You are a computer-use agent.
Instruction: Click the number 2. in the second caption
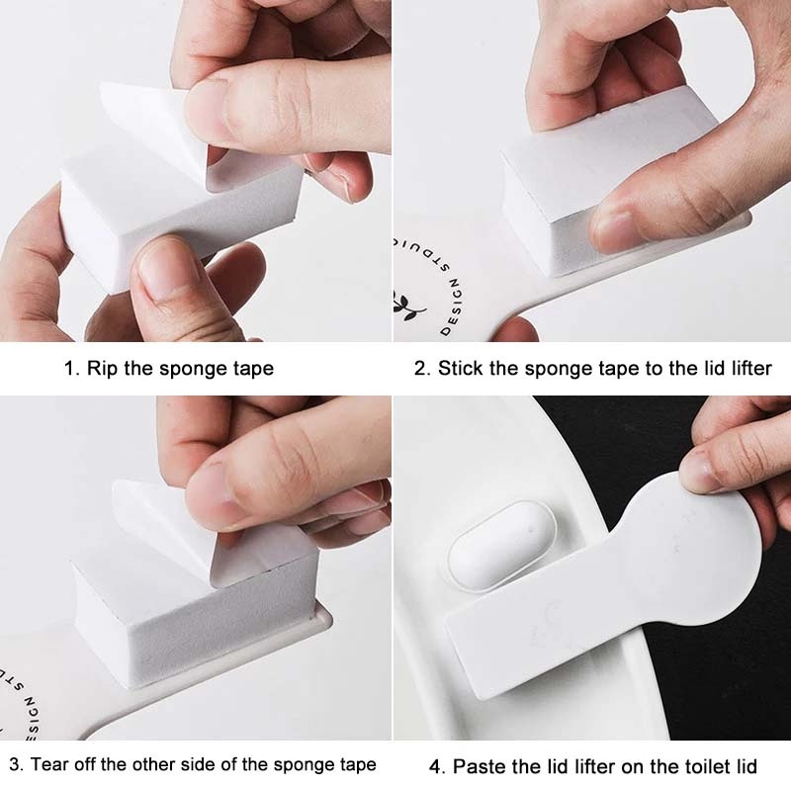click(x=422, y=369)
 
